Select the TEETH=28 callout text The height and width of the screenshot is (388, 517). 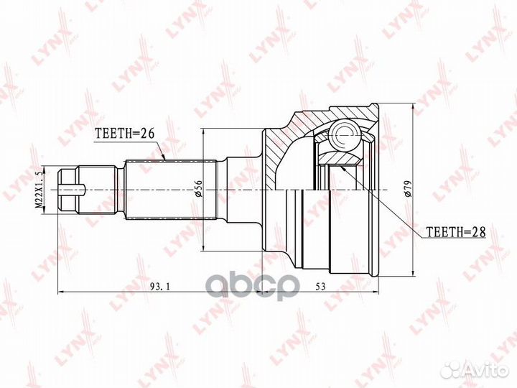pyautogui.click(x=456, y=232)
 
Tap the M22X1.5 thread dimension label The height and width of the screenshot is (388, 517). pyautogui.click(x=39, y=190)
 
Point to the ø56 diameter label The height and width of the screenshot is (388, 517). pyautogui.click(x=198, y=189)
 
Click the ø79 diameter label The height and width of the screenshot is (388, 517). pyautogui.click(x=408, y=189)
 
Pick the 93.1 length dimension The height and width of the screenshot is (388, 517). pyautogui.click(x=160, y=287)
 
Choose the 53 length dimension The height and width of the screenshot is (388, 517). pyautogui.click(x=320, y=287)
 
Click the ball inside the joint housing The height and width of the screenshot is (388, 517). pyautogui.click(x=345, y=135)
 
